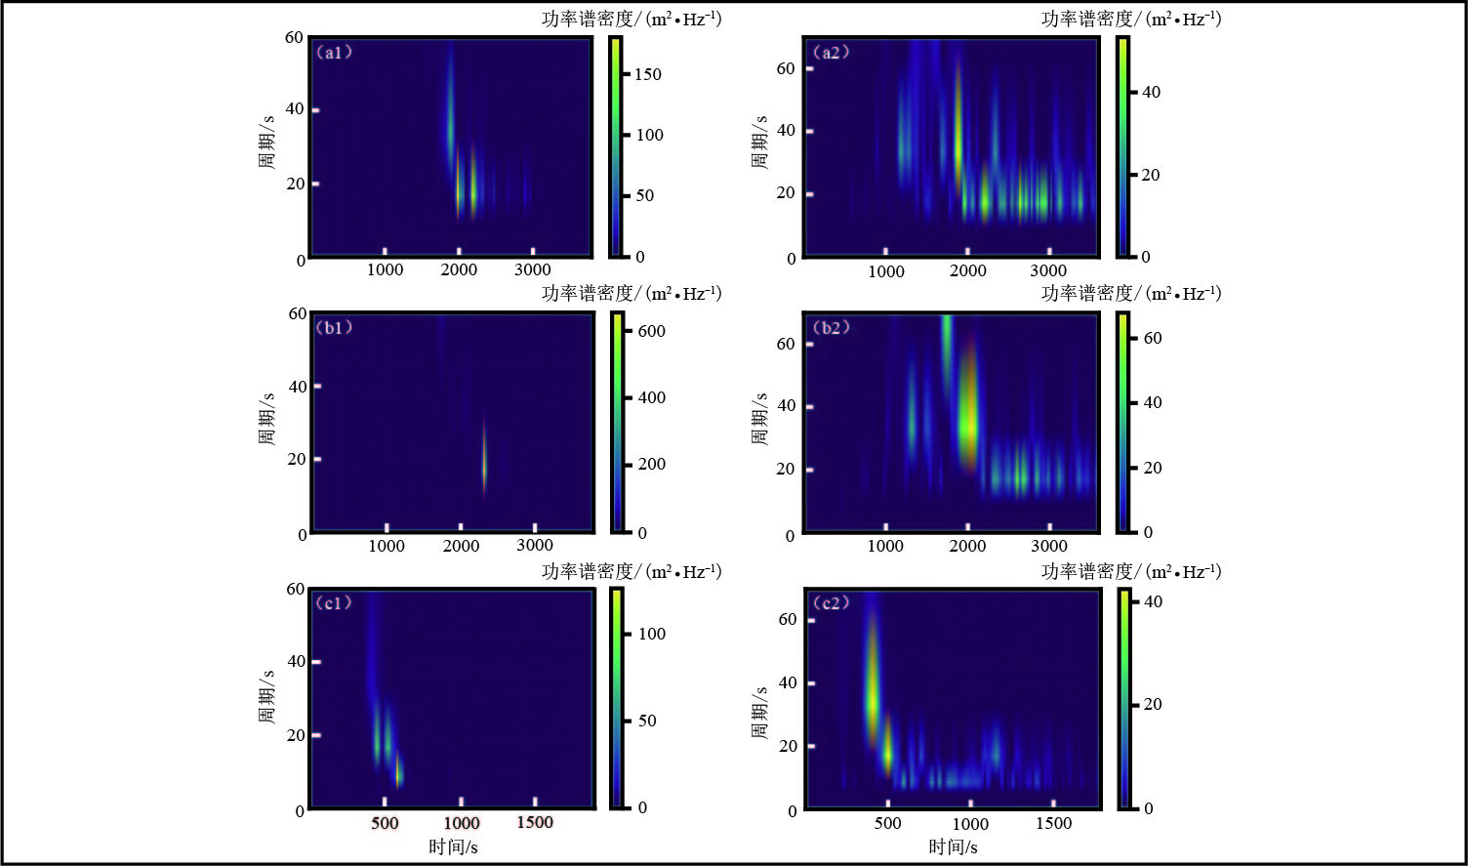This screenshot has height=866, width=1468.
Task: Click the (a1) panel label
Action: click(334, 53)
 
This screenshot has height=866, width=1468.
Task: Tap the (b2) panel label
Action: click(831, 327)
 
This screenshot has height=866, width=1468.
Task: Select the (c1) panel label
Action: click(334, 602)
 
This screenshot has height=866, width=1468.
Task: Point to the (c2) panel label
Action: click(831, 602)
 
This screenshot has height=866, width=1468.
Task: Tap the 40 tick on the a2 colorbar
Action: click(1151, 92)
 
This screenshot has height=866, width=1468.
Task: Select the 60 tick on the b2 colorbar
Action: click(1152, 338)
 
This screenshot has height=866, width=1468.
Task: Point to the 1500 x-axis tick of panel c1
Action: click(535, 822)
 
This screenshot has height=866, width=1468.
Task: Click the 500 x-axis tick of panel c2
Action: click(887, 823)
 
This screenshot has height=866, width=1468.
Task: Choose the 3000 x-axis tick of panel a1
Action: click(533, 269)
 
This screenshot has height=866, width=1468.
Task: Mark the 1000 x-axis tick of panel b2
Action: click(885, 546)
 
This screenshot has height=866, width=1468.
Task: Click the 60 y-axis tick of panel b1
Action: click(296, 313)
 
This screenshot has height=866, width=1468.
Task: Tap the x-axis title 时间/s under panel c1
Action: click(453, 846)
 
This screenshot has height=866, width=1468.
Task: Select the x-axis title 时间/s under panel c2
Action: click(953, 846)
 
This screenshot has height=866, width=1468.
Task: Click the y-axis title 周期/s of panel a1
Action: click(266, 143)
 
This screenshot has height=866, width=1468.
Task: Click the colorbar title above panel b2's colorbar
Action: click(1131, 294)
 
